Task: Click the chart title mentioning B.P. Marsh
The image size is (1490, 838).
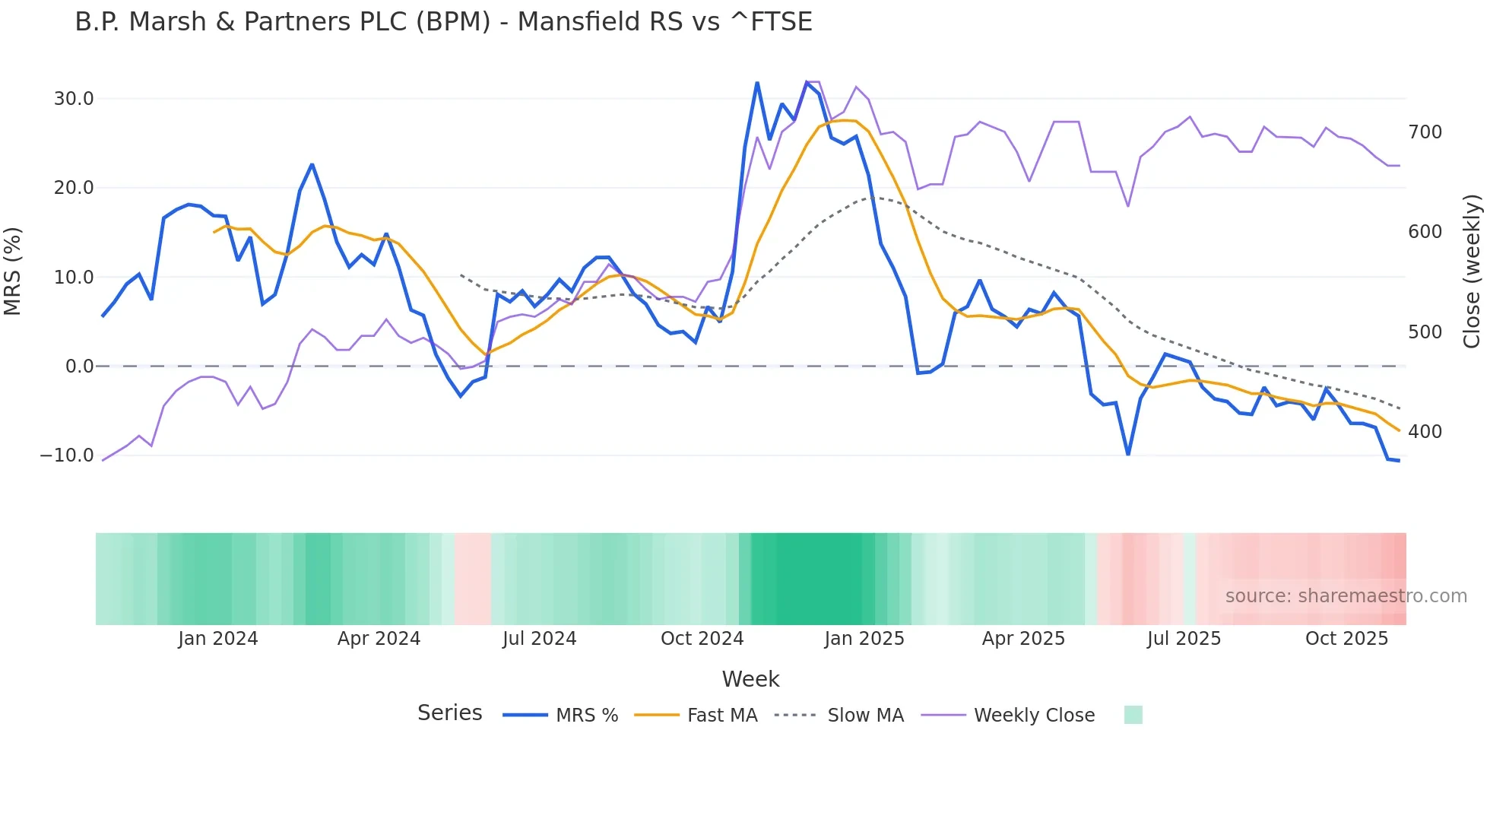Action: tap(443, 22)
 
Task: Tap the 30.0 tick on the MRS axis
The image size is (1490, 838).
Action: tap(74, 99)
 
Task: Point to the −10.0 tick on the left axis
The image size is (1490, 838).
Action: tap(67, 456)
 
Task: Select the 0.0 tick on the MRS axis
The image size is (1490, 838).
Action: tap(79, 367)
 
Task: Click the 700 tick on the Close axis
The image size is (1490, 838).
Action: tap(1425, 132)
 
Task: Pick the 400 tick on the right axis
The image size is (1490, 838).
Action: tap(1425, 432)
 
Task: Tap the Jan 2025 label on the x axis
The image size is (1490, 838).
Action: tap(864, 639)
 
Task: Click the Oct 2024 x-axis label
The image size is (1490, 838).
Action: tap(702, 639)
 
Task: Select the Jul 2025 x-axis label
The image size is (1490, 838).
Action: tap(1184, 639)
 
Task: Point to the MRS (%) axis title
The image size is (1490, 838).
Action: tap(13, 271)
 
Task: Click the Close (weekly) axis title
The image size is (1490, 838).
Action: tap(1473, 271)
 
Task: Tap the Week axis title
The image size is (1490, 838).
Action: tap(750, 679)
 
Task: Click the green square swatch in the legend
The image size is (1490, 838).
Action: tap(1133, 715)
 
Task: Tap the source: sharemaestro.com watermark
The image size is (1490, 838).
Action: tap(1346, 596)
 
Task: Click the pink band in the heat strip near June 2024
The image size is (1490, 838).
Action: tap(472, 579)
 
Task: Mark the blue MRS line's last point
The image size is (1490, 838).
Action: tap(1399, 460)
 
